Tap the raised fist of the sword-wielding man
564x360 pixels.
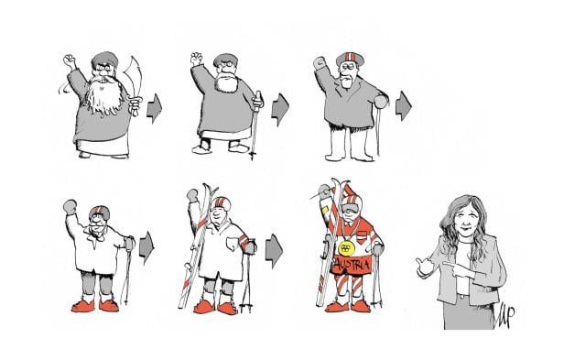point(69,62)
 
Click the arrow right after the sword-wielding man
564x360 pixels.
point(155,110)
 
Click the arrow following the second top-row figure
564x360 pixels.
point(279,104)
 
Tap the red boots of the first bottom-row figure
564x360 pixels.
point(96,303)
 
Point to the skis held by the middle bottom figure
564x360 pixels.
point(195,247)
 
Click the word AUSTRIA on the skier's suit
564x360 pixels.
point(347,266)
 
